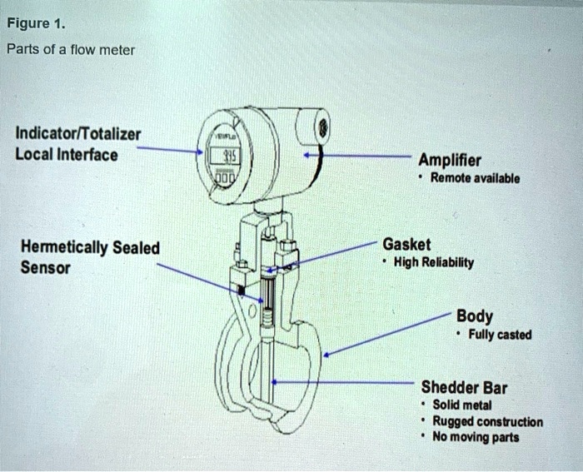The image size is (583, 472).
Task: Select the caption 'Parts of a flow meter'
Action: point(70,49)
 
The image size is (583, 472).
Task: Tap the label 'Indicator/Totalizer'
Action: point(77,135)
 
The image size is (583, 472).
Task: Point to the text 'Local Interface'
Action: point(67,155)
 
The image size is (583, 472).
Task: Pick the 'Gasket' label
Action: point(406,244)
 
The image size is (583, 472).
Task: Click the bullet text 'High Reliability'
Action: point(434,263)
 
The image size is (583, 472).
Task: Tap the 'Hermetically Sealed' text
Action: point(82,248)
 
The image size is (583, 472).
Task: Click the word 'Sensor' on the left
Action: point(46,268)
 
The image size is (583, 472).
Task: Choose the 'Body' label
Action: point(474,316)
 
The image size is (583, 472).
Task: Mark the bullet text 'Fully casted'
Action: point(499,335)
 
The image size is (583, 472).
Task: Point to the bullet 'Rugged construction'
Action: point(488,421)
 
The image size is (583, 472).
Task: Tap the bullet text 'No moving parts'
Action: point(476,437)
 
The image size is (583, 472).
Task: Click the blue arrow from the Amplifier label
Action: point(358,155)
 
